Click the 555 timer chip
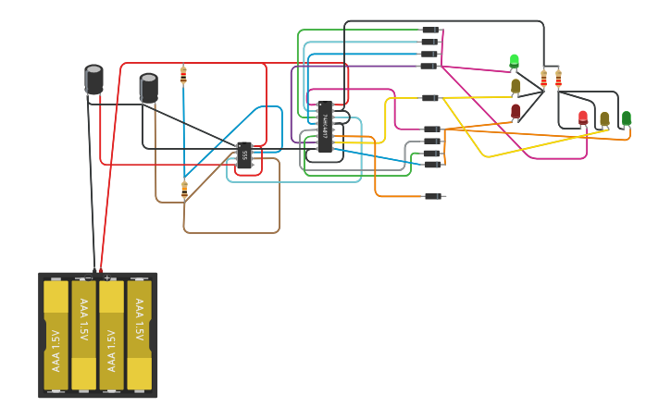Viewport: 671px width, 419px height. pyautogui.click(x=244, y=154)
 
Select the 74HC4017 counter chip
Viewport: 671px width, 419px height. pyautogui.click(x=324, y=127)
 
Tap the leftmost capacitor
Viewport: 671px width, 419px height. pyautogui.click(x=93, y=79)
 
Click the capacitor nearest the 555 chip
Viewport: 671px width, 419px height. pyautogui.click(x=148, y=87)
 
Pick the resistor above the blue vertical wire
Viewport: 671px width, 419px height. pyautogui.click(x=183, y=75)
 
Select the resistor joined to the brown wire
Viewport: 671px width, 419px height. pyautogui.click(x=184, y=190)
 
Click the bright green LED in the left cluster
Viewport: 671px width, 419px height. pyautogui.click(x=515, y=61)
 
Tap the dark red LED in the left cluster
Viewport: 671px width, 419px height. pyautogui.click(x=516, y=111)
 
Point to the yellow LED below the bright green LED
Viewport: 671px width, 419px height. pyautogui.click(x=516, y=86)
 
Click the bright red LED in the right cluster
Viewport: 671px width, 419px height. pyautogui.click(x=583, y=117)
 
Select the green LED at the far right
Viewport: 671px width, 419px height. pyautogui.click(x=627, y=118)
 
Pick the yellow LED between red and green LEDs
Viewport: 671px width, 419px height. pyautogui.click(x=604, y=119)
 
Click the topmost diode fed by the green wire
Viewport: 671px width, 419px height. pyautogui.click(x=430, y=30)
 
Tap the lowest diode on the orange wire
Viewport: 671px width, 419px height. pyautogui.click(x=432, y=196)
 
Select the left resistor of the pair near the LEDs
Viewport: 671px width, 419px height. pyautogui.click(x=543, y=79)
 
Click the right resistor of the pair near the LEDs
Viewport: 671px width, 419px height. pyautogui.click(x=558, y=79)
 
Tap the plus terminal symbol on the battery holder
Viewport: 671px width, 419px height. pyautogui.click(x=107, y=277)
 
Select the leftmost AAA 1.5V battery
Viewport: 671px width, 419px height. pyautogui.click(x=56, y=335)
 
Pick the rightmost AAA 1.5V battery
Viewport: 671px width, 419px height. pyautogui.click(x=139, y=335)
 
